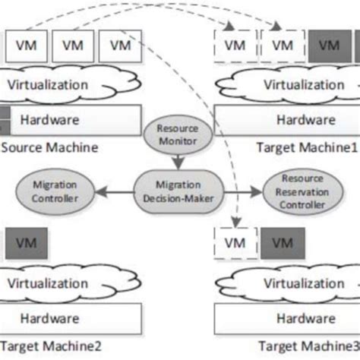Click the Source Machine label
[x=49, y=147]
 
